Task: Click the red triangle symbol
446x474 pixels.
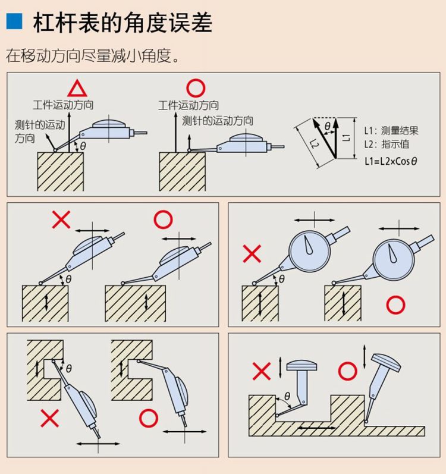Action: tap(77, 89)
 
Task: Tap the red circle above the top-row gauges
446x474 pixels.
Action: tap(196, 89)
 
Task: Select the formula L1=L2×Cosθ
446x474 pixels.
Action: tap(390, 161)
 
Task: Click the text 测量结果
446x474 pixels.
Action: tap(399, 130)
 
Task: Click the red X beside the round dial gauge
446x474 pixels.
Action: tap(252, 255)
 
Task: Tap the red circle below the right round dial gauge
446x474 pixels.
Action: tap(395, 306)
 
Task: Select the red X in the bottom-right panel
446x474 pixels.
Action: tap(262, 372)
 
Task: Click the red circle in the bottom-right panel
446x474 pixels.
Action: tap(347, 372)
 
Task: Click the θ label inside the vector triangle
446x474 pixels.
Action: tap(327, 126)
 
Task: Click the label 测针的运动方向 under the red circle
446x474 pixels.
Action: tap(218, 121)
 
